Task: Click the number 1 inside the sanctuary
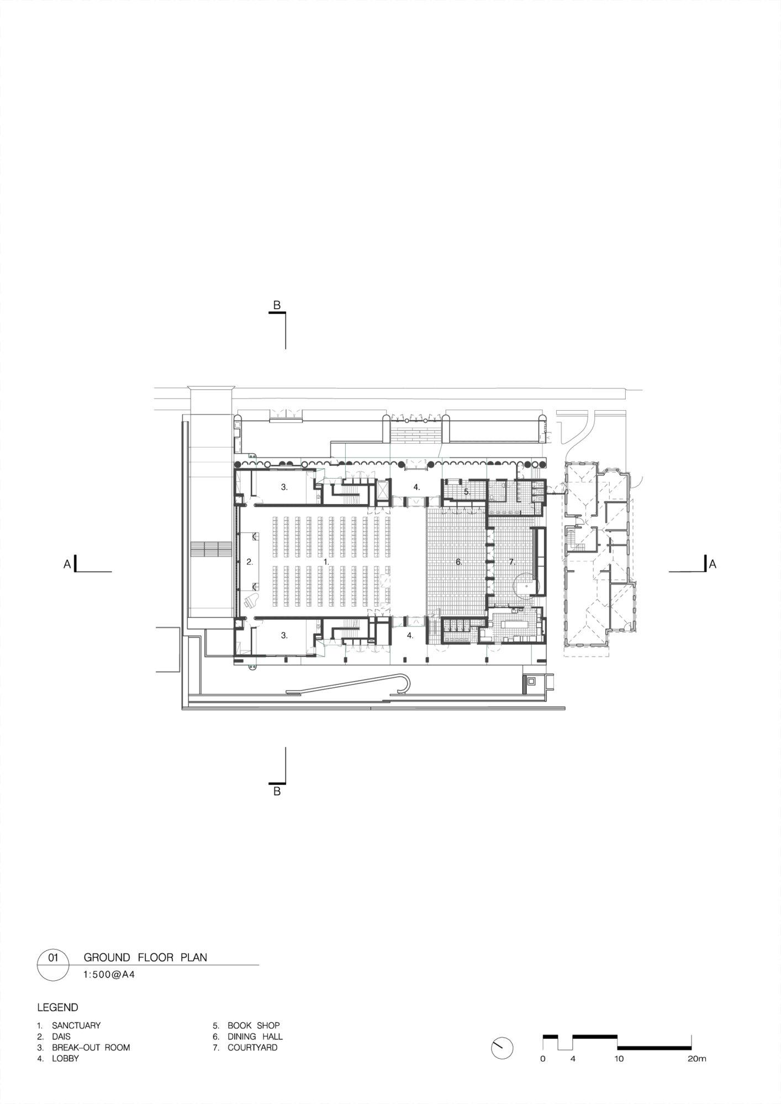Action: [326, 561]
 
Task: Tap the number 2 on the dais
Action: [250, 562]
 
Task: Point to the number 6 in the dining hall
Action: [458, 562]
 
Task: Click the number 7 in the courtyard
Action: [511, 562]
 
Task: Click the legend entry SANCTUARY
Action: [76, 1025]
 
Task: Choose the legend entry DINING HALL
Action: [255, 1037]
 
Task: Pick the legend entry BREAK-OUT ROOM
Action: [91, 1047]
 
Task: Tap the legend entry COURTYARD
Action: [252, 1047]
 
